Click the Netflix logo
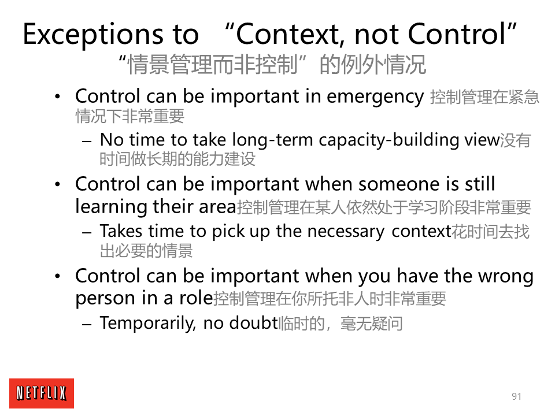point(42,393)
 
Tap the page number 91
point(516,396)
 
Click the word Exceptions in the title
point(93,35)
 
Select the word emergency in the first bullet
point(375,97)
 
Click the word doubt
point(253,323)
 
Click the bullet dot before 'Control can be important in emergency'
point(58,96)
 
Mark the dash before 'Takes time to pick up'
point(87,232)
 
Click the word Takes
point(121,231)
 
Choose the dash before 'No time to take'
point(87,141)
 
